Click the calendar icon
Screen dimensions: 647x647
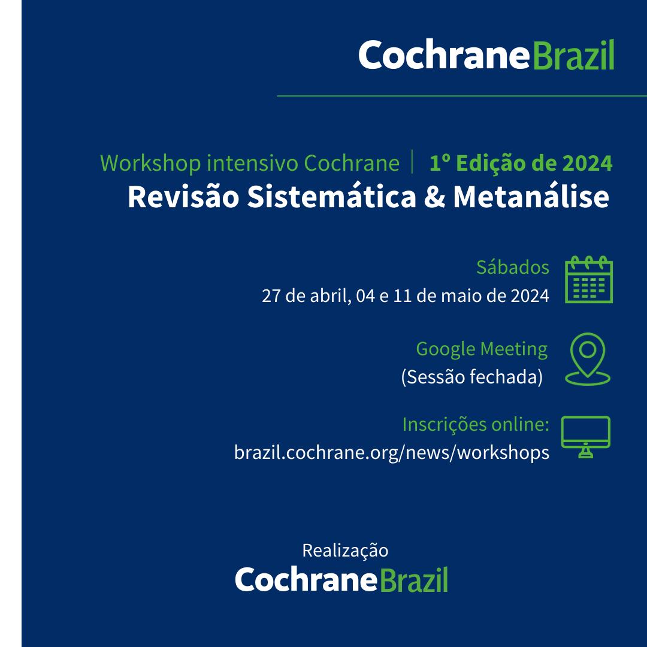tap(588, 280)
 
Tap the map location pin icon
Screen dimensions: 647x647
tap(588, 358)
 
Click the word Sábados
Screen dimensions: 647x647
tap(512, 267)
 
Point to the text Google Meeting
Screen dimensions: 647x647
tap(482, 349)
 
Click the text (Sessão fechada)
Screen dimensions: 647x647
tap(471, 377)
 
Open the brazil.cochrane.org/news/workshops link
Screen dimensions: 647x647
tap(392, 452)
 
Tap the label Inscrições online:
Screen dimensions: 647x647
tap(476, 424)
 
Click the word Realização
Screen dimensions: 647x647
tap(345, 550)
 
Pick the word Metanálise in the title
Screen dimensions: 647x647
tap(531, 197)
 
